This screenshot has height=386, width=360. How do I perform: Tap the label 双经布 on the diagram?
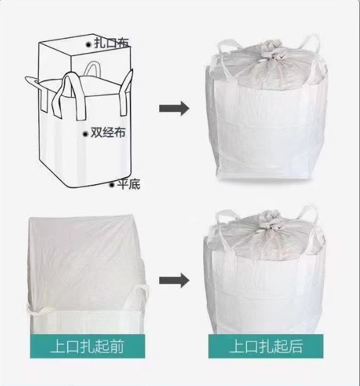108,132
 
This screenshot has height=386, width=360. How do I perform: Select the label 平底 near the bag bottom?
128,184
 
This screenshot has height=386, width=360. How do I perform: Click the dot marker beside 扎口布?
88,44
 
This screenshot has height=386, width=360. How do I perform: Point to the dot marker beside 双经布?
85,132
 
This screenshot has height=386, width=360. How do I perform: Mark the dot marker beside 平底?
111,184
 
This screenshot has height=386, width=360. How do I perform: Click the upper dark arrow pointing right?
173,108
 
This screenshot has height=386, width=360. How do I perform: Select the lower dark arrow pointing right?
173,280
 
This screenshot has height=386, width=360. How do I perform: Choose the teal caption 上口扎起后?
265,347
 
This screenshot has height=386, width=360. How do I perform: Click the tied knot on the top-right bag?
268,55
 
